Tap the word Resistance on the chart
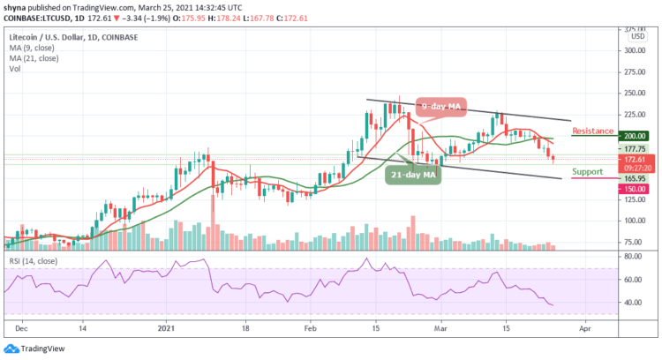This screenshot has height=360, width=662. click(592, 131)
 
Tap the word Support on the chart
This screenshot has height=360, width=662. click(588, 170)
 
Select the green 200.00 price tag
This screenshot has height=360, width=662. click(633, 137)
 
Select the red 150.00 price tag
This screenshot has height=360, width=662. click(633, 189)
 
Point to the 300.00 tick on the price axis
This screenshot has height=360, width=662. click(633, 50)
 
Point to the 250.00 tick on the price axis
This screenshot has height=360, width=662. click(633, 93)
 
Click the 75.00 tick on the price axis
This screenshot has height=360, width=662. click(631, 241)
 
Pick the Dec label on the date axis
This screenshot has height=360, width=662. click(20, 326)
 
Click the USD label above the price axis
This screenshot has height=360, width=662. click(632, 36)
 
